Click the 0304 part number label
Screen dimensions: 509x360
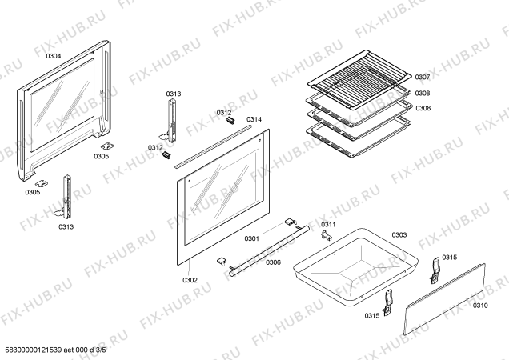[54, 56]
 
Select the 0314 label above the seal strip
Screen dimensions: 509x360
[254, 119]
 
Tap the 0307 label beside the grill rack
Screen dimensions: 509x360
[423, 77]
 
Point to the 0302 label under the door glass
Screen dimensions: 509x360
[190, 280]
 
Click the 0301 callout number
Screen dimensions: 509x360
[251, 238]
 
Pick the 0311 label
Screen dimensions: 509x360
[328, 224]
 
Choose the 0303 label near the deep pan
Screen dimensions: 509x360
[399, 234]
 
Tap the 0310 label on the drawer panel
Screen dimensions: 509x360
[479, 306]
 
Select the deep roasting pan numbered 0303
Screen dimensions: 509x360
[355, 267]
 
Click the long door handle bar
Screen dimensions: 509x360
[269, 251]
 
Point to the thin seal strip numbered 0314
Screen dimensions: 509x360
[213, 146]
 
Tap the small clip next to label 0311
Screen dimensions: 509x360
[327, 235]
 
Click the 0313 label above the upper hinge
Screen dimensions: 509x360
[174, 94]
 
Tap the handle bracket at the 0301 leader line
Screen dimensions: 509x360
[289, 222]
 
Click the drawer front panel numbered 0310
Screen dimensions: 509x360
[444, 299]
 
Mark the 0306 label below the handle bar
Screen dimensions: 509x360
[273, 262]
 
